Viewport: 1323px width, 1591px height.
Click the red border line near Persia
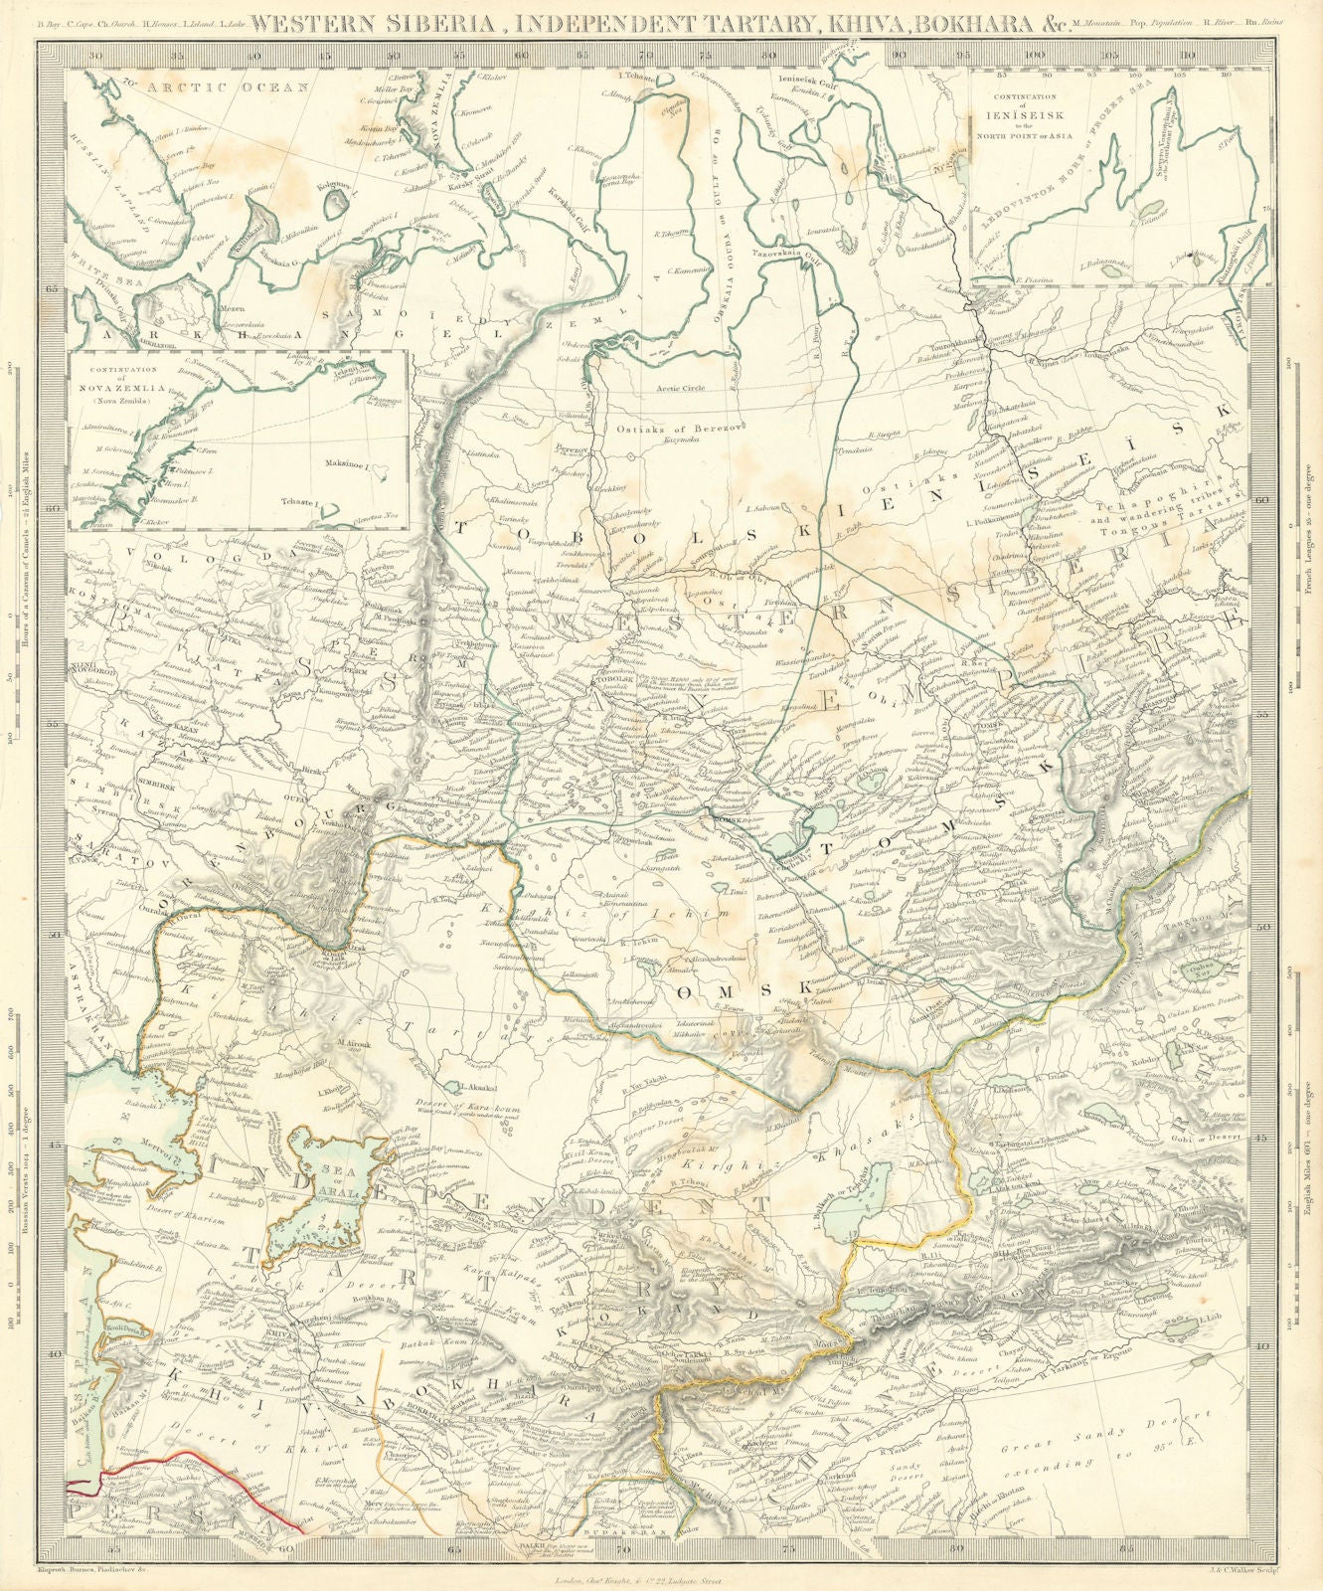coord(179,1462)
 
